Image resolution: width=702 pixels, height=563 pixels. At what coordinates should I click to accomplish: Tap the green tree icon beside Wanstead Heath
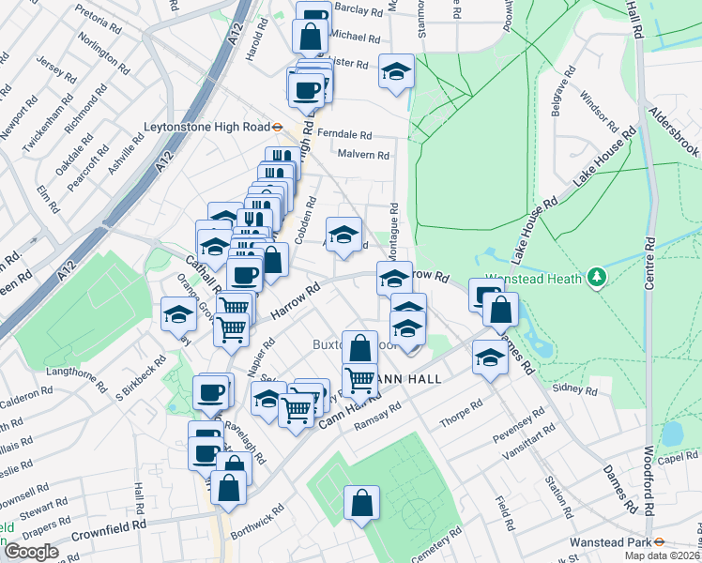pos(595,277)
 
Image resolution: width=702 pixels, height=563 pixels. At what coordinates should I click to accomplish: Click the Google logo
pos(30,552)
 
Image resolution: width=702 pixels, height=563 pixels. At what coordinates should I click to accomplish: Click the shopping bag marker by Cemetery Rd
pos(361,502)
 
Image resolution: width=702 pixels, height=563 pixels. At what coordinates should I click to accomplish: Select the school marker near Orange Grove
pos(178,313)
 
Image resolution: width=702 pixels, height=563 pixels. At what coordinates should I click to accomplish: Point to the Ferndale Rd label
pos(344,134)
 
